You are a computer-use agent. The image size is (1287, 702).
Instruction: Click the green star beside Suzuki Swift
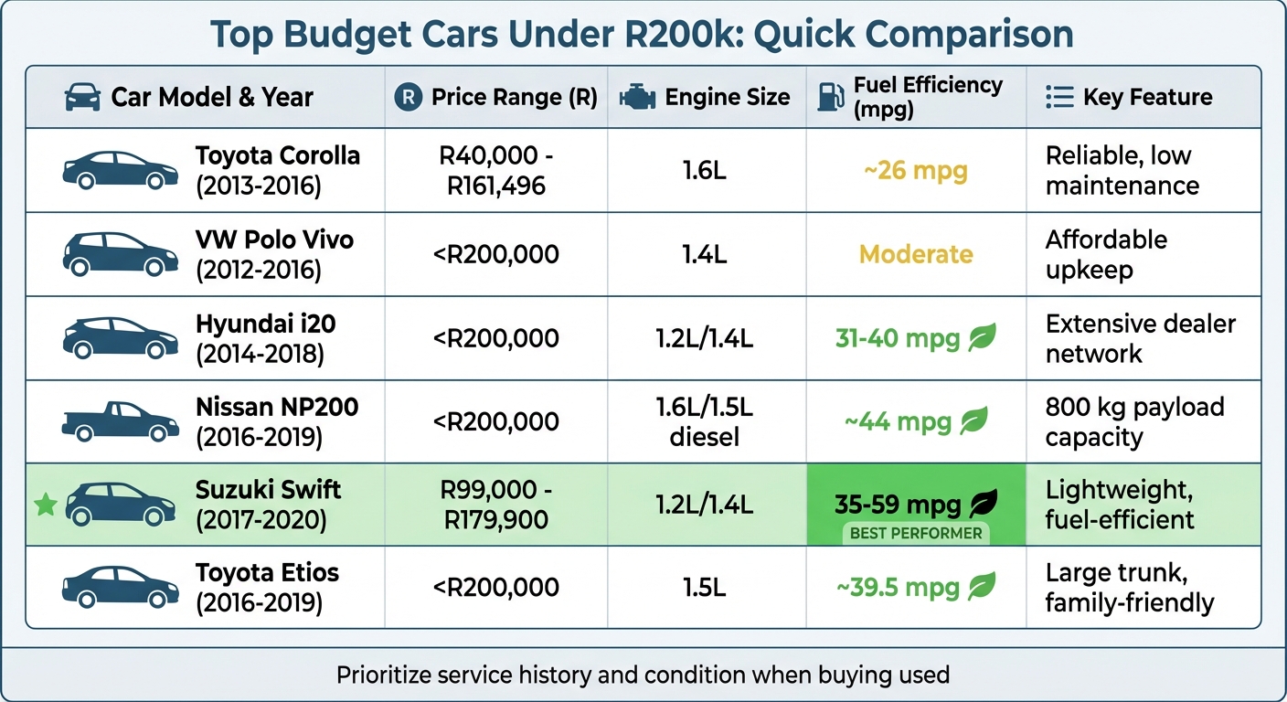[x=45, y=504]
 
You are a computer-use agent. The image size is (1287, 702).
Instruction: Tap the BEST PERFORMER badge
[x=916, y=533]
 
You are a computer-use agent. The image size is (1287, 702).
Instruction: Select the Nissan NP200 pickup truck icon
[x=120, y=421]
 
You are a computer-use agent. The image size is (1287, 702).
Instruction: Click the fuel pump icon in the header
[x=830, y=97]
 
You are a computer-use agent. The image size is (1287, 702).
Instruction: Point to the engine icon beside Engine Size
[x=636, y=98]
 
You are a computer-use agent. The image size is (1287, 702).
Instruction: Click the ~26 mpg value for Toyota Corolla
[x=916, y=170]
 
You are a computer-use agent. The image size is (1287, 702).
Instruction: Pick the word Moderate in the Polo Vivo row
[x=916, y=254]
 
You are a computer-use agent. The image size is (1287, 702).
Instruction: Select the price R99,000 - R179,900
[x=495, y=505]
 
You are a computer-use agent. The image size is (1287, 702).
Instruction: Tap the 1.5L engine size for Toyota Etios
[x=704, y=588]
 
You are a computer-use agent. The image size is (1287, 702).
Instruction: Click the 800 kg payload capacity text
[x=1134, y=421]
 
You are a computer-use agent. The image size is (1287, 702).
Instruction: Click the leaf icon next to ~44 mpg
[x=973, y=421]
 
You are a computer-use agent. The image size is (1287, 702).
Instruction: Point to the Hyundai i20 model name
[x=267, y=324]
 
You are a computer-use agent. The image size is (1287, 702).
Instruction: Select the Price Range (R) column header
[x=514, y=97]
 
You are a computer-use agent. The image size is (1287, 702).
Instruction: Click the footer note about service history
[x=643, y=675]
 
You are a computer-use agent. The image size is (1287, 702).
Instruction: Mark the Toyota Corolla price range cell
[x=495, y=171]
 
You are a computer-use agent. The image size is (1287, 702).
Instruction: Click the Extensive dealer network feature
[x=1140, y=338]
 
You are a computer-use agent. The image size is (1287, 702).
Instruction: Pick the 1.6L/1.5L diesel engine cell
[x=704, y=421]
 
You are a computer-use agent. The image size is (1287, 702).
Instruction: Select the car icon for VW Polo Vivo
[x=120, y=254]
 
